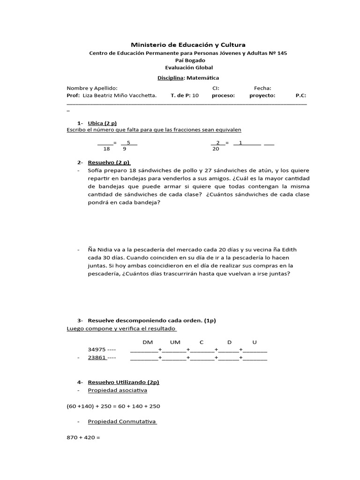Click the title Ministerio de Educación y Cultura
[x=188, y=45]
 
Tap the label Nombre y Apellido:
[x=92, y=88]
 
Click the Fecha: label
[x=262, y=88]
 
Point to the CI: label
[x=216, y=88]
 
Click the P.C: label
[x=300, y=95]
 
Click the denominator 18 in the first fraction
[x=106, y=149]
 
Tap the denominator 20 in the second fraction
[x=216, y=149]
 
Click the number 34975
[x=97, y=350]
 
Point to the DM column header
[x=147, y=342]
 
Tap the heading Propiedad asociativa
[x=117, y=390]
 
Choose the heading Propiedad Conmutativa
[x=122, y=422]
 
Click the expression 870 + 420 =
[x=84, y=438]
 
